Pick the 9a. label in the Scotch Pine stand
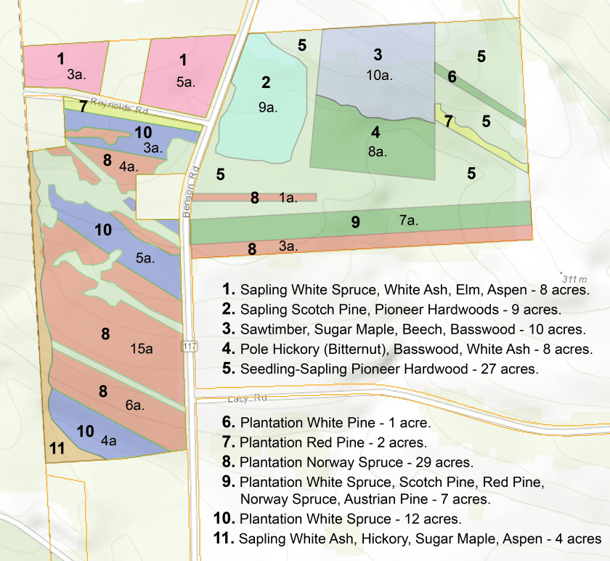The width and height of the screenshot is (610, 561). pos(268,107)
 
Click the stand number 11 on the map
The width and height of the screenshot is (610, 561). pos(57,448)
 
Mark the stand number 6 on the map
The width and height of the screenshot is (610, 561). pos(452,77)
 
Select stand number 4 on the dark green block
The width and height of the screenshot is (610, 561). pos(375,133)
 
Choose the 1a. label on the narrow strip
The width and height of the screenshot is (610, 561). pos(288,198)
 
